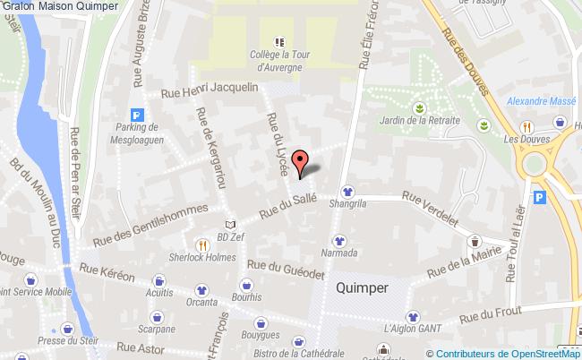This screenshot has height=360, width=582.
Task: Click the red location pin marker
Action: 302,162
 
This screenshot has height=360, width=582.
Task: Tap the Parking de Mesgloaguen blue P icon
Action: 137,115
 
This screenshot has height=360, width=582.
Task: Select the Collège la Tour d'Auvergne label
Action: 278,59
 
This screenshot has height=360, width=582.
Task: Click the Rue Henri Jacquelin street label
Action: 209,90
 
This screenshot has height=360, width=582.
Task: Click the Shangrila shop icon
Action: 347,191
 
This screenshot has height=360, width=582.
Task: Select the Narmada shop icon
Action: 339,240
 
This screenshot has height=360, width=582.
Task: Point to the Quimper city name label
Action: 362,288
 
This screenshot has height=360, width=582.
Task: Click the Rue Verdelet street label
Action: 430,208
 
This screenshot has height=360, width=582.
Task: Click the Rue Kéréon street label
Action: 107,269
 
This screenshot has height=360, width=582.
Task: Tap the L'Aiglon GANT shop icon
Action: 412,316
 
